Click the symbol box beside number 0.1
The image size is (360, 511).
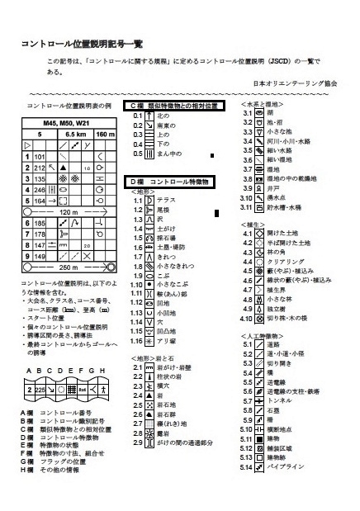click(149, 116)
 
